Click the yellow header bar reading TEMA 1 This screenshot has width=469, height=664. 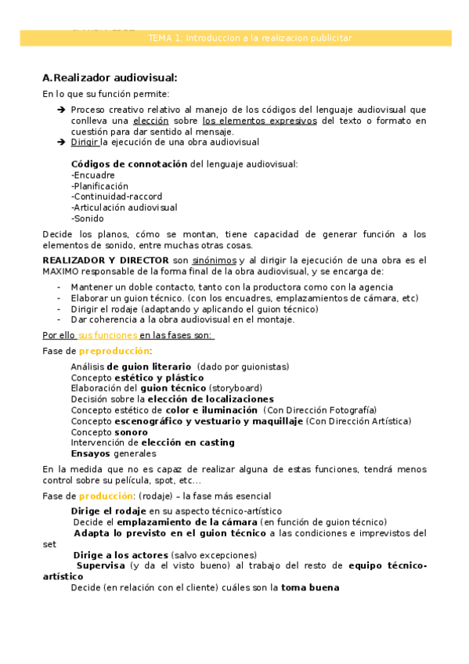point(236,38)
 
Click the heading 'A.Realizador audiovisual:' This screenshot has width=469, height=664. point(110,78)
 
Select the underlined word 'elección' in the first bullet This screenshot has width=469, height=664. point(151,121)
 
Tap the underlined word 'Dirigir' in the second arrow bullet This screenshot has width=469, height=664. point(85,143)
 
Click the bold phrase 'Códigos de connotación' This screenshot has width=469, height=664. point(129,164)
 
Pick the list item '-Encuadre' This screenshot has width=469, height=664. point(92,175)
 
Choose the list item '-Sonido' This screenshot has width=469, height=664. point(87,218)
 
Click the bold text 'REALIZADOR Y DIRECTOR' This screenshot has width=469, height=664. point(106,259)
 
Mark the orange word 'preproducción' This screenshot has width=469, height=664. point(114,351)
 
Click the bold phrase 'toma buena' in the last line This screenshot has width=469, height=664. point(310,588)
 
